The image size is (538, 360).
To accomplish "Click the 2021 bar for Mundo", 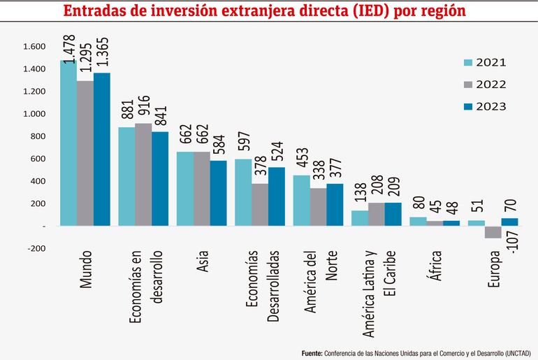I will [x=68, y=143].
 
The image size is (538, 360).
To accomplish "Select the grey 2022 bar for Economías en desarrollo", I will [x=143, y=175].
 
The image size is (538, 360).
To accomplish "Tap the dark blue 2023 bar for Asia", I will [x=219, y=193].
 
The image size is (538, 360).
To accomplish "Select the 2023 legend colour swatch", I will [x=468, y=106].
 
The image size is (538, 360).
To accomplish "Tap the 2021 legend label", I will [x=491, y=62].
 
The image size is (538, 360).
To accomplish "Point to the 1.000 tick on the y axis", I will [x=34, y=114].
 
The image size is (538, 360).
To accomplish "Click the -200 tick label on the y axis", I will [x=35, y=248].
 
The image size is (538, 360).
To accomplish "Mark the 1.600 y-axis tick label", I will [x=34, y=47].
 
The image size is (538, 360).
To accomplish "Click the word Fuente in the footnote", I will [x=312, y=352].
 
